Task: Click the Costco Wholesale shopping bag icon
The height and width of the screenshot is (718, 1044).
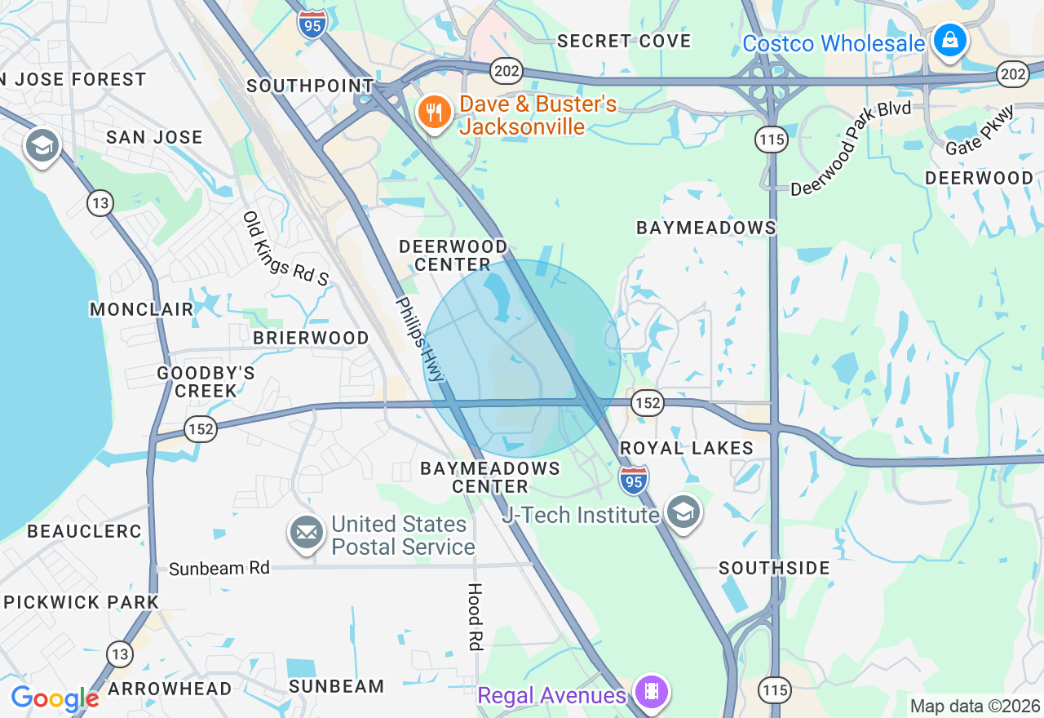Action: pyautogui.click(x=949, y=38)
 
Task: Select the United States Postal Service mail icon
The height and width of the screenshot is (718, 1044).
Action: pyautogui.click(x=307, y=534)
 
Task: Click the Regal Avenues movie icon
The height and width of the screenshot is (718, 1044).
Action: pyautogui.click(x=651, y=692)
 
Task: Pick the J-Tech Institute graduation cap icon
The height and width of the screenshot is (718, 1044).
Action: pyautogui.click(x=683, y=512)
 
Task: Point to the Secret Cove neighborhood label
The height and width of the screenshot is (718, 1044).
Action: pyautogui.click(x=624, y=41)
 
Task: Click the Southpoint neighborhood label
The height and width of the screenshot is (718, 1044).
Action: pyautogui.click(x=310, y=86)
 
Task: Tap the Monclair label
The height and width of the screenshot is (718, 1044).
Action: pyautogui.click(x=142, y=309)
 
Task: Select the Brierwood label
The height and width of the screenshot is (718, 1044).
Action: pyautogui.click(x=311, y=338)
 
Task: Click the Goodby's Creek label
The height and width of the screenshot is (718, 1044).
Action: pyautogui.click(x=206, y=382)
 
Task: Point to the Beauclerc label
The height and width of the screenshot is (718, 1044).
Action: pyautogui.click(x=85, y=531)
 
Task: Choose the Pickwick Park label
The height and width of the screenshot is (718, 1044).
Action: pyautogui.click(x=82, y=602)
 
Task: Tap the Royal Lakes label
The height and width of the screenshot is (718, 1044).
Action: pyautogui.click(x=687, y=448)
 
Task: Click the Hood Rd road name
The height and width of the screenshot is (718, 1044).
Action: pyautogui.click(x=475, y=616)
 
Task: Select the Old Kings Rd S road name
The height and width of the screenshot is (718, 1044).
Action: pyautogui.click(x=285, y=249)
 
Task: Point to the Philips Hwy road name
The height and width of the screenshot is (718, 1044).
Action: pyautogui.click(x=421, y=339)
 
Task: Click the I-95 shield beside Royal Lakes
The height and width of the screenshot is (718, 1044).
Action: pyautogui.click(x=634, y=481)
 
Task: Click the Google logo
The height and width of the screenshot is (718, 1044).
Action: pyautogui.click(x=55, y=699)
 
